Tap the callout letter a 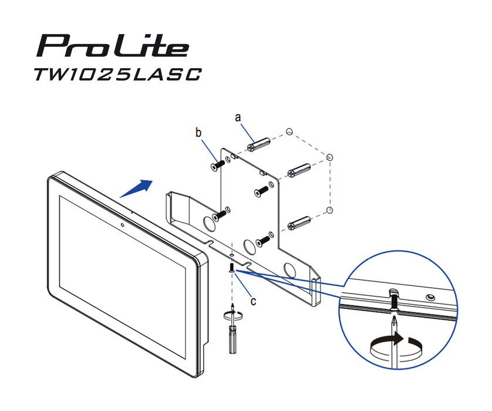coord(238,117)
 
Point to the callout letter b coord(198,133)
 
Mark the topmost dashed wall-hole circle coord(288,130)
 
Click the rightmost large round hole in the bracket coord(290,269)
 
